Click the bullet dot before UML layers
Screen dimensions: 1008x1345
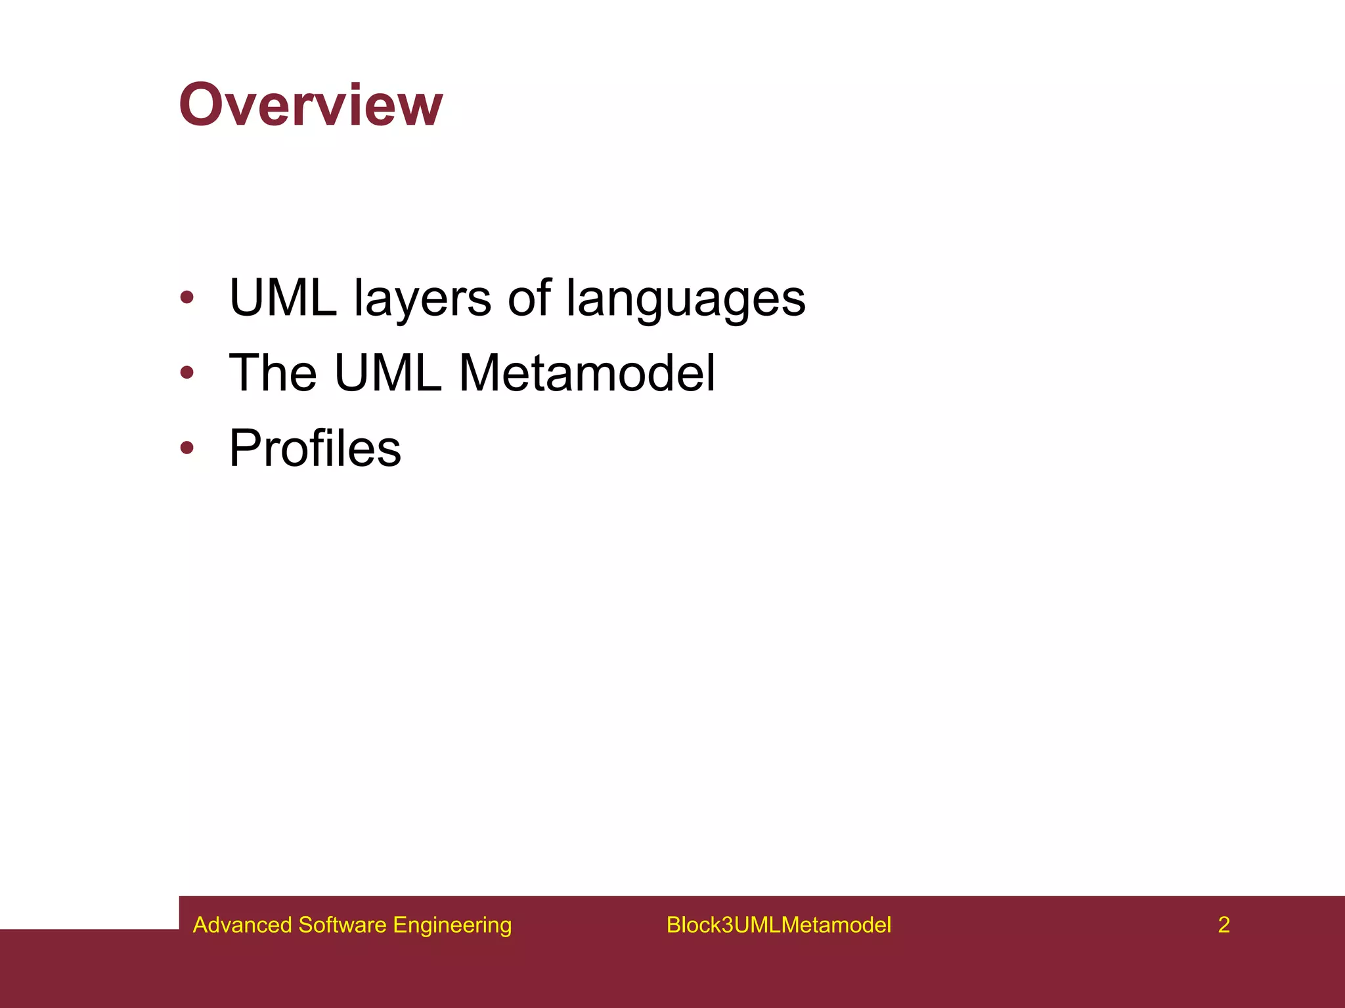pyautogui.click(x=187, y=297)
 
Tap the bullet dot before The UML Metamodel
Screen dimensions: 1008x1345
pyautogui.click(x=187, y=373)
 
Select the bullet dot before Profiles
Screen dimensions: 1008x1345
pyautogui.click(x=187, y=448)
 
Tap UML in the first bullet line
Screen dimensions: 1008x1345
pyautogui.click(x=282, y=299)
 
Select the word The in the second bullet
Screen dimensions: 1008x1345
pyautogui.click(x=273, y=373)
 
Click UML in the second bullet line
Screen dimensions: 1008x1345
pyautogui.click(x=387, y=373)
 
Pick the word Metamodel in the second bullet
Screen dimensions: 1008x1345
pyautogui.click(x=586, y=373)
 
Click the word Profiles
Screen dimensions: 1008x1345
pyautogui.click(x=315, y=448)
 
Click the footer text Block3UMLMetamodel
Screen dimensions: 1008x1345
pyautogui.click(x=778, y=925)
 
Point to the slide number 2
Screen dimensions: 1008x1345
pyautogui.click(x=1224, y=925)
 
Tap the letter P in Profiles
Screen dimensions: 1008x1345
pyautogui.click(x=244, y=448)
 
